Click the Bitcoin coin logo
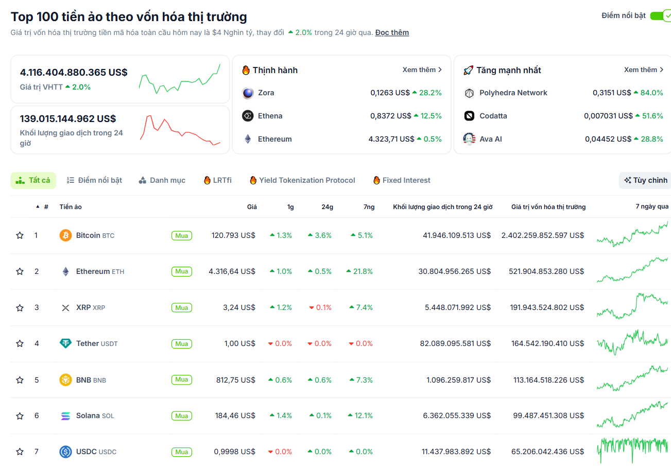coord(65,235)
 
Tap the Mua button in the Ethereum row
coord(181,271)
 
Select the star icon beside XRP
coord(20,307)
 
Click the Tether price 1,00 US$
coord(239,343)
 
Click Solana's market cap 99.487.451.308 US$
coord(548,416)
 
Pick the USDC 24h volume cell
coord(456,452)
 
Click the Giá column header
coord(251,207)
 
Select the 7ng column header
coord(369,207)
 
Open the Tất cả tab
coord(33,180)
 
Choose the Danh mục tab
coord(162,180)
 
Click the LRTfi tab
coord(218,180)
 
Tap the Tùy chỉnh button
coord(645,180)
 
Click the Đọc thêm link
coord(392,32)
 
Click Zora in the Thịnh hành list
coord(266,93)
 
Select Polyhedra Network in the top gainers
coord(513,93)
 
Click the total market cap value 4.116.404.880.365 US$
coord(74,72)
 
